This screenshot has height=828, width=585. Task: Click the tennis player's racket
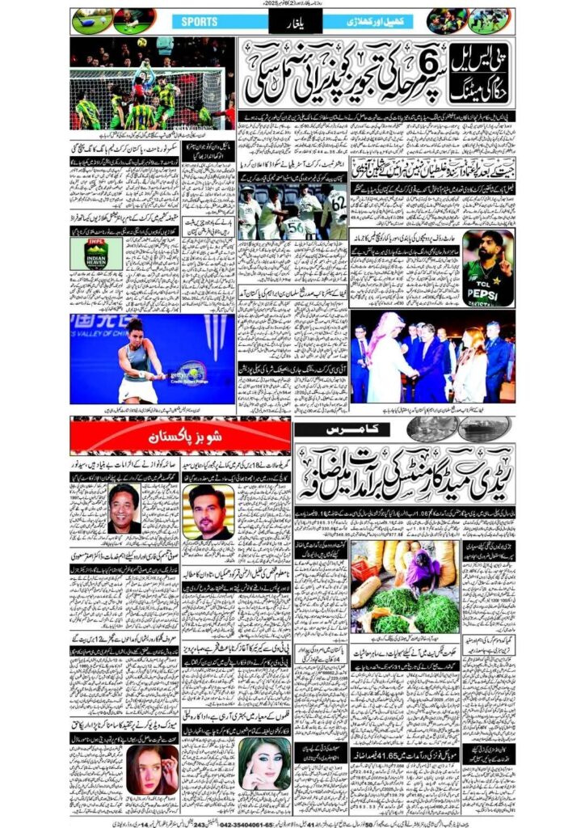(x=185, y=374)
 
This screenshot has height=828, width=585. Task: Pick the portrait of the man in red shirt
(x=124, y=509)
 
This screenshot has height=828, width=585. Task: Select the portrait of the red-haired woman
(x=152, y=769)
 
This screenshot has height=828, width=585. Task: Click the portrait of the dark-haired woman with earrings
(x=265, y=763)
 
